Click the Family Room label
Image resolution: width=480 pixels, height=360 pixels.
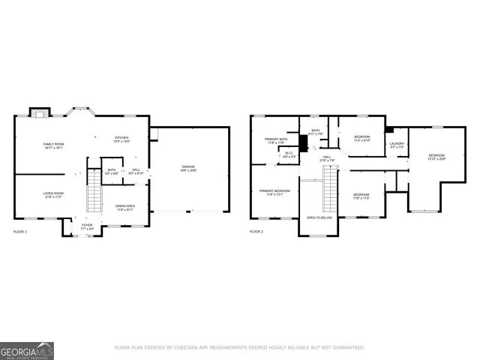53,145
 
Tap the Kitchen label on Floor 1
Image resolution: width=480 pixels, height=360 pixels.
121,139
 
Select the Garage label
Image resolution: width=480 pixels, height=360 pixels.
187,168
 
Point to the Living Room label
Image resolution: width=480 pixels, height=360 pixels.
53,195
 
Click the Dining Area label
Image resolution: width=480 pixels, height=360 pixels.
124,208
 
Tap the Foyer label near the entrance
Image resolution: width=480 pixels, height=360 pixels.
87,226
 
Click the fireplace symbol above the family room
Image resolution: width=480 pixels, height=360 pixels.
37,113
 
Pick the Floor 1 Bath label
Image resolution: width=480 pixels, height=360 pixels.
111,172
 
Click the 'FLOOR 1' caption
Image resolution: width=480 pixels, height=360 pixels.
20,232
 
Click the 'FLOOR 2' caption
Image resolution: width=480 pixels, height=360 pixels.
256,232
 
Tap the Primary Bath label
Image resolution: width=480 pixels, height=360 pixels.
275,140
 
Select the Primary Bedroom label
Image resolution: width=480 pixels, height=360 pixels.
274,192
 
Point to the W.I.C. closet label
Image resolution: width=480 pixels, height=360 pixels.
289,154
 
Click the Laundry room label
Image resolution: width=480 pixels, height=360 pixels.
397,145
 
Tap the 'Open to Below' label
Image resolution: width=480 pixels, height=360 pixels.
319,217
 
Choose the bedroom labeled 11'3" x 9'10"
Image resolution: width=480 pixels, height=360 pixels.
362,138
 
